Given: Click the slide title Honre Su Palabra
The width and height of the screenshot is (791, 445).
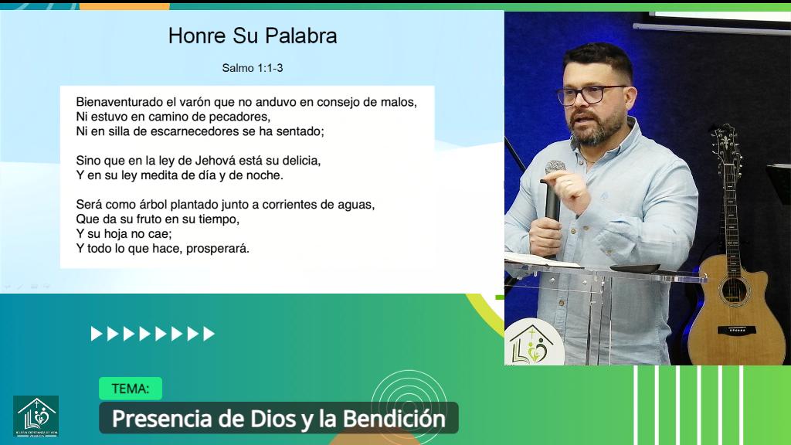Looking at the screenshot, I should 252,36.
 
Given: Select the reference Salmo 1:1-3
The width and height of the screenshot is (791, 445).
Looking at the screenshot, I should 252,68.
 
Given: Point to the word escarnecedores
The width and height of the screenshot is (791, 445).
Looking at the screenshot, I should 188,131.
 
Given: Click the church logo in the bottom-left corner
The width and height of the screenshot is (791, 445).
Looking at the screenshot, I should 36,416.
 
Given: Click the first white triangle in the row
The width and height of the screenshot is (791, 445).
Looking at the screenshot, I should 96,334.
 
